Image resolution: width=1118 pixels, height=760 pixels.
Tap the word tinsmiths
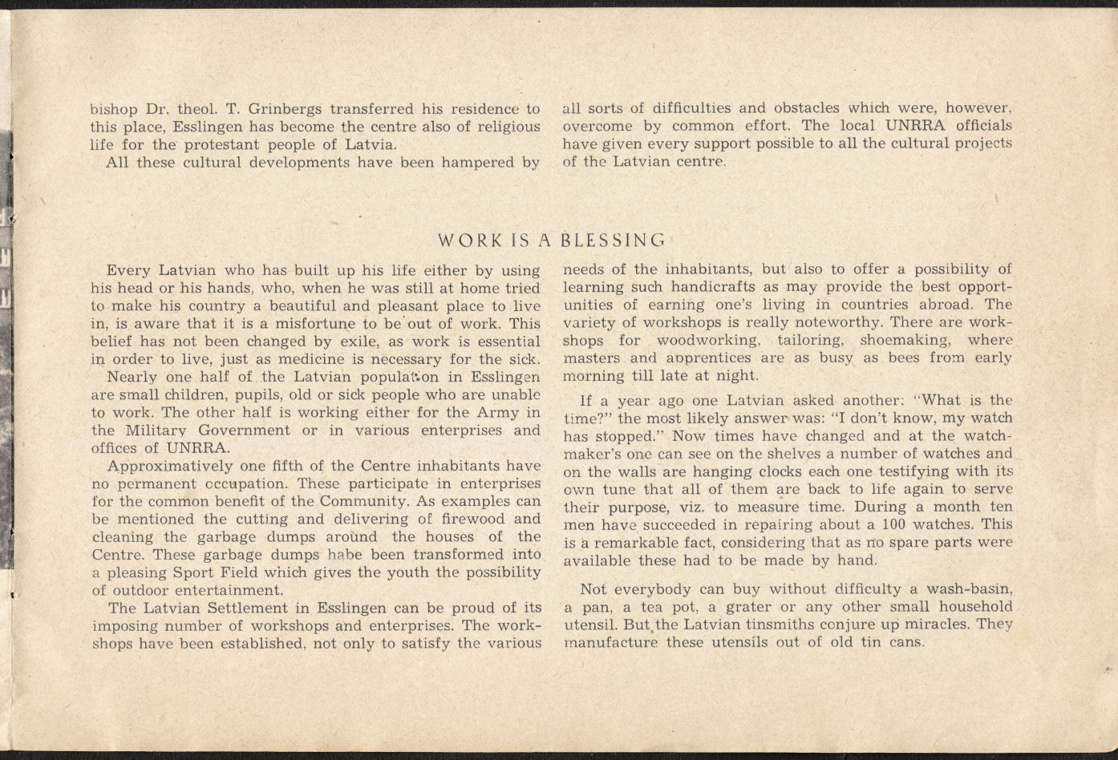[x=719, y=625]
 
